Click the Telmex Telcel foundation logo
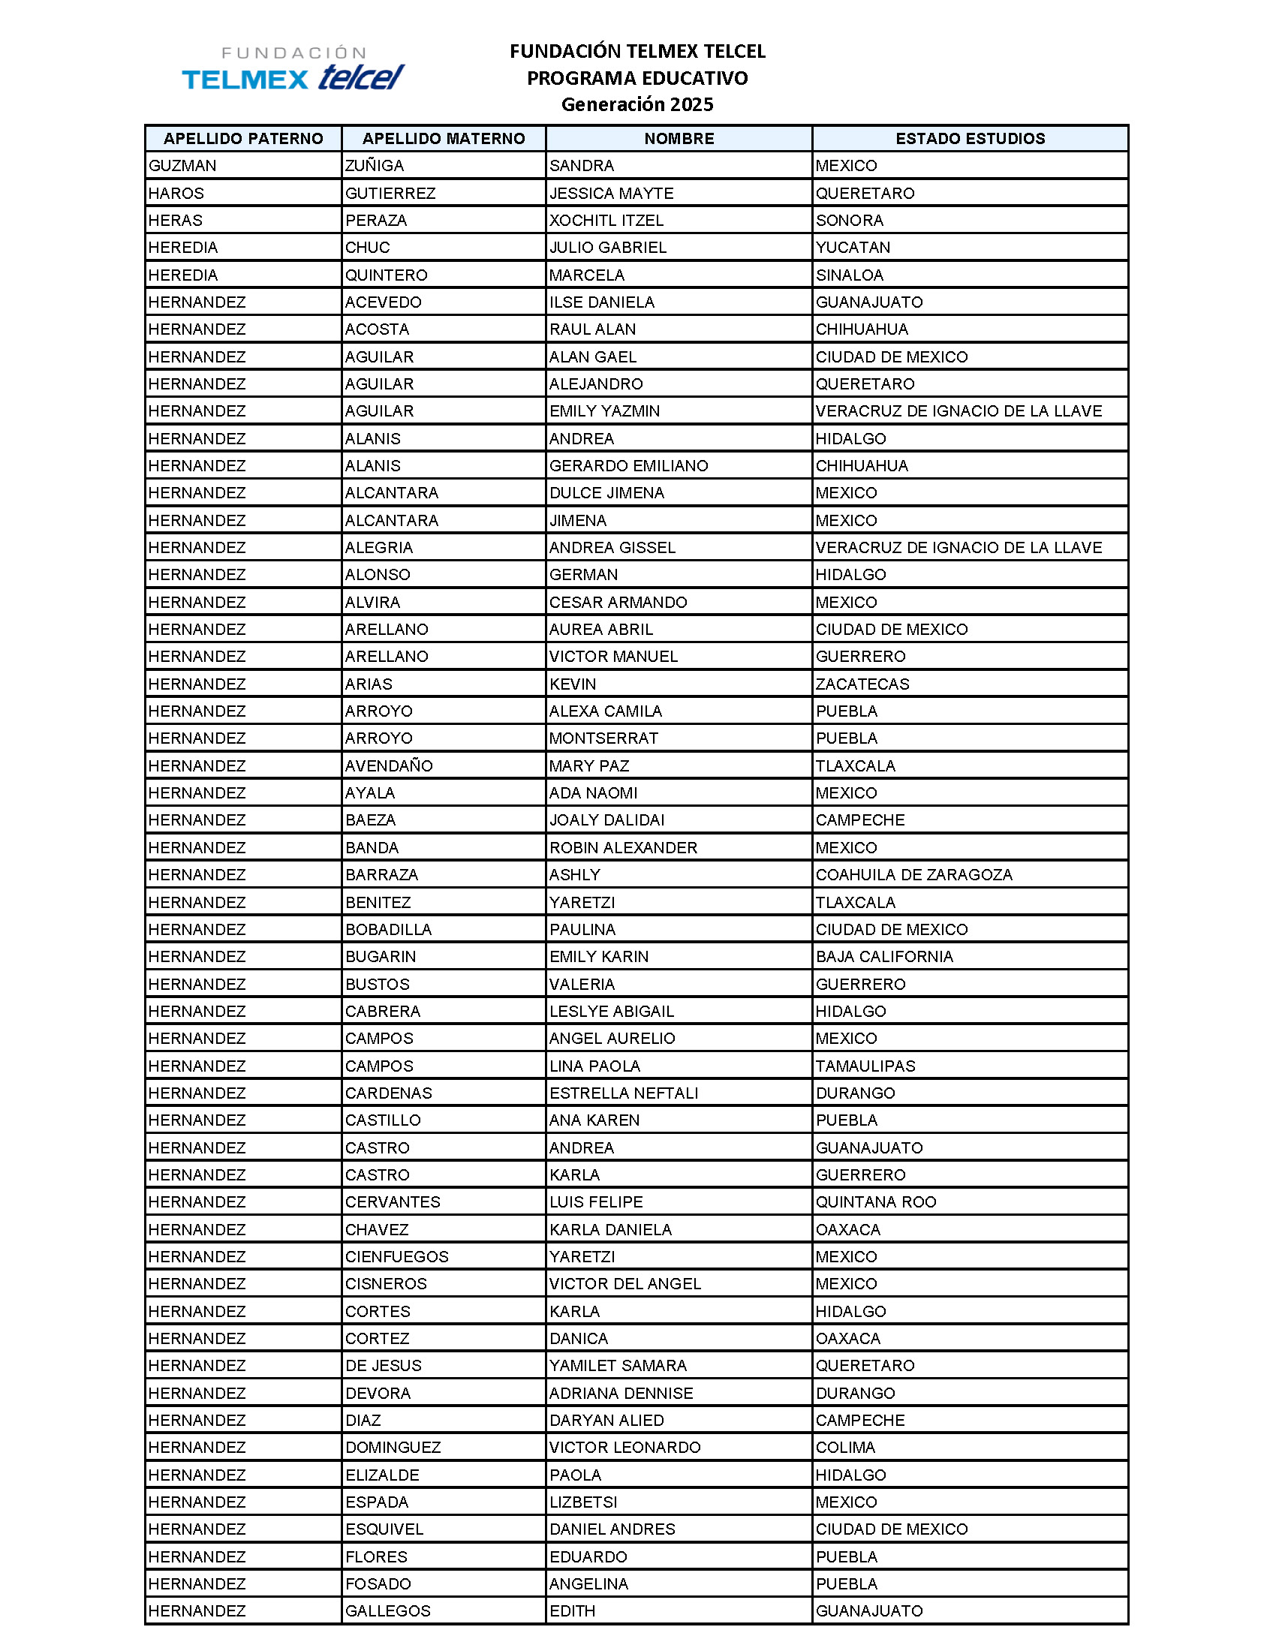[293, 69]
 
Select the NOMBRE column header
[678, 138]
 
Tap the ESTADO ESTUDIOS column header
[970, 138]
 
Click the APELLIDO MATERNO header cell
[444, 138]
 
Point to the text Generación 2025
[636, 104]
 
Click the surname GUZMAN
[182, 166]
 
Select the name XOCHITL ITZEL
[606, 220]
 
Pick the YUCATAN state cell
[853, 247]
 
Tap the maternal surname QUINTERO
[387, 275]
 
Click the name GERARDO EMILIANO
[628, 466]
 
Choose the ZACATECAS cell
[862, 684]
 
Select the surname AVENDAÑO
[389, 765]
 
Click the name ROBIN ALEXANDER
[623, 847]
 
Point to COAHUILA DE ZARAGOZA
[913, 874]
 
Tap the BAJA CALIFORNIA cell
[883, 956]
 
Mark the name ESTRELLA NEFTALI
[624, 1093]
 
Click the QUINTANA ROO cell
[875, 1202]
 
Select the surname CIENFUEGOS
[397, 1256]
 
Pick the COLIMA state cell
[845, 1447]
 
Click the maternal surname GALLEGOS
[388, 1611]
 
